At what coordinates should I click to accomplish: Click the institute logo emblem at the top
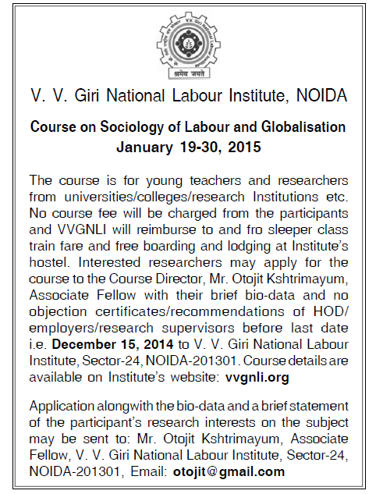(x=188, y=41)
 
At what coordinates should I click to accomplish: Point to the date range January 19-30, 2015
(x=187, y=145)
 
